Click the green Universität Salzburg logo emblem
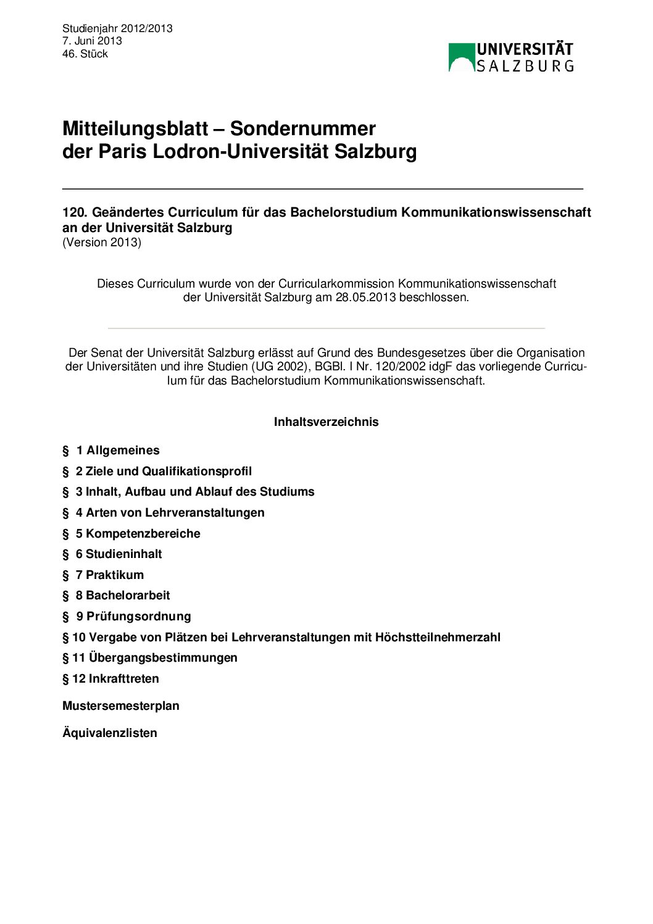[x=462, y=57]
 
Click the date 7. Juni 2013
[x=92, y=41]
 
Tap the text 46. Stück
[x=85, y=54]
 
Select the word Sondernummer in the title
[x=302, y=128]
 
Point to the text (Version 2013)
[x=102, y=242]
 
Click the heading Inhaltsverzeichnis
[x=326, y=422]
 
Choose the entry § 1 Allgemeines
[x=111, y=450]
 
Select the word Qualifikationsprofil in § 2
[x=197, y=471]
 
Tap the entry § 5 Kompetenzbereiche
[x=131, y=533]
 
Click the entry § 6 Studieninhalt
[x=112, y=554]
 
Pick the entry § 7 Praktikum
[x=103, y=575]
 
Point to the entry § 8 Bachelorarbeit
[x=116, y=595]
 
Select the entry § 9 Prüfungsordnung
[x=127, y=616]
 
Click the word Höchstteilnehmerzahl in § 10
[x=438, y=637]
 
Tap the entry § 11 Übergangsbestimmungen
[x=150, y=657]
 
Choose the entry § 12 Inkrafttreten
[x=110, y=678]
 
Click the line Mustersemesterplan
[x=121, y=705]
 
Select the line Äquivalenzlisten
[x=110, y=733]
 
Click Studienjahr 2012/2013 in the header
[x=117, y=28]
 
